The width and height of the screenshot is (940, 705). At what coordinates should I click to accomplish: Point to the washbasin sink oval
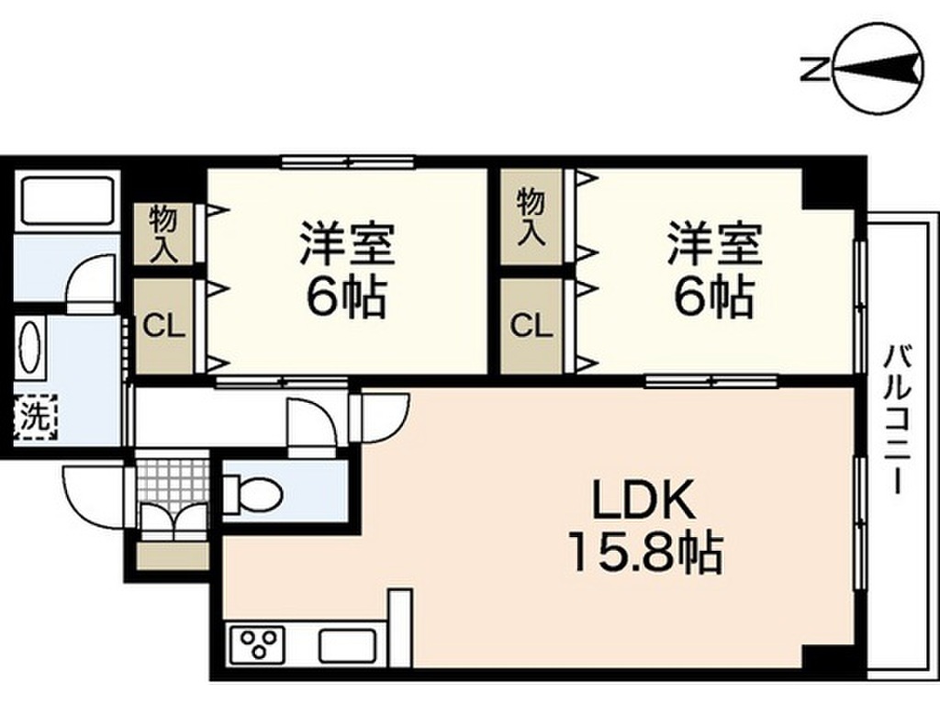(x=31, y=348)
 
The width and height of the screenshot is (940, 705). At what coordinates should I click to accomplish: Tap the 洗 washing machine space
(x=35, y=418)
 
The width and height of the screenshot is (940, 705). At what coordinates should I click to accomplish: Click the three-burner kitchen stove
(x=261, y=643)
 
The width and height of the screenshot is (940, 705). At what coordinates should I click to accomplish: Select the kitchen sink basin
(x=347, y=645)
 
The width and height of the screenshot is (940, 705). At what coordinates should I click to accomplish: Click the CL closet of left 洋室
(x=164, y=326)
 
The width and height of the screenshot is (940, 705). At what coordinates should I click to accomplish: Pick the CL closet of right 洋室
(x=532, y=326)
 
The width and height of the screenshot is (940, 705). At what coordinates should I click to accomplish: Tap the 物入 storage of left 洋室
(x=164, y=234)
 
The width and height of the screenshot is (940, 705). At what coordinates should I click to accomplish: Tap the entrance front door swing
(x=96, y=496)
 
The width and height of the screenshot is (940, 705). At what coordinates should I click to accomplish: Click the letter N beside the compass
(x=811, y=70)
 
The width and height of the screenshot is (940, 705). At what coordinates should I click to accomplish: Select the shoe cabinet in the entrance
(x=173, y=556)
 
